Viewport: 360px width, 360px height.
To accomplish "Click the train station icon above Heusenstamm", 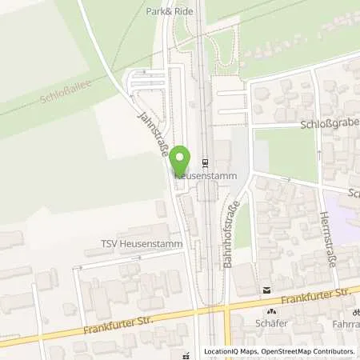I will pyautogui.click(x=205, y=160).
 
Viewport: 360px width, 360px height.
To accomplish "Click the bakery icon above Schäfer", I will pyautogui.click(x=271, y=313).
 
